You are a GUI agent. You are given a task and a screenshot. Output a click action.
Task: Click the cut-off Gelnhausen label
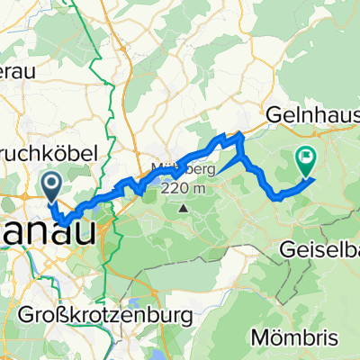click(311, 114)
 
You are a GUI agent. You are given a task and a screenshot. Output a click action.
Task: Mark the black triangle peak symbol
click(184, 209)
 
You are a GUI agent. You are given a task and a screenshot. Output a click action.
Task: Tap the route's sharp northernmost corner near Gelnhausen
click(239, 136)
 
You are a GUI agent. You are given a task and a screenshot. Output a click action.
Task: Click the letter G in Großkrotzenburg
click(24, 316)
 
